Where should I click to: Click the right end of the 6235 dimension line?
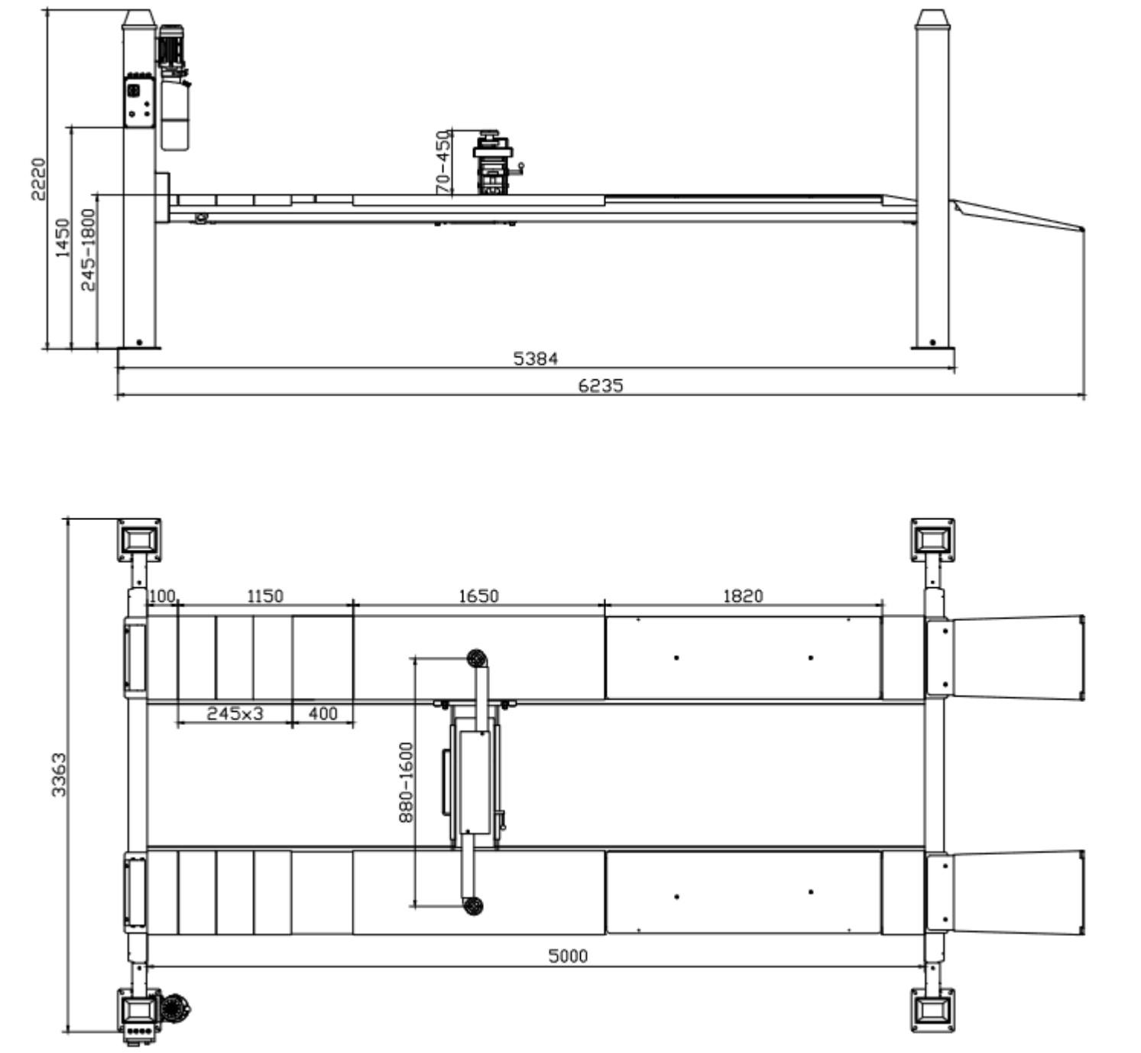pos(1084,395)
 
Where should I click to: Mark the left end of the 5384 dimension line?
pos(118,368)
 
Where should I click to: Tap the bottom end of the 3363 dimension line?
pos(68,1032)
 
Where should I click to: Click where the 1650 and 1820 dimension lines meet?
pos(605,605)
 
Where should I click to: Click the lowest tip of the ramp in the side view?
pos(1084,229)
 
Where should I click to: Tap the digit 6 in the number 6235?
pos(584,385)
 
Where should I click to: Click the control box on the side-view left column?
pos(140,102)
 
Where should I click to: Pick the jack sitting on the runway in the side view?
pos(493,163)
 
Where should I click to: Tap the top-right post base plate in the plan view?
pos(932,539)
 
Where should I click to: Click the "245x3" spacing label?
pos(235,713)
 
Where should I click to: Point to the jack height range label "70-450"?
pos(443,161)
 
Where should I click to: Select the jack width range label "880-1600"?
pos(406,782)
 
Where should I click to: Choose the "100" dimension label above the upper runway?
pos(161,596)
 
